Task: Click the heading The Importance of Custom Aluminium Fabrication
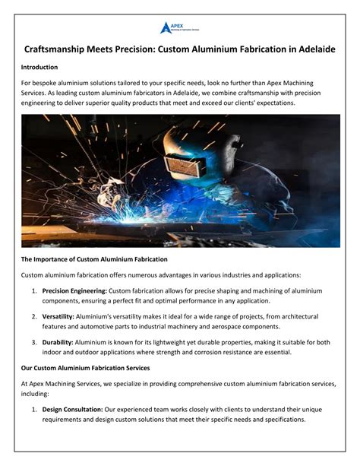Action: (95, 260)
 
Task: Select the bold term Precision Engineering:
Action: (74, 290)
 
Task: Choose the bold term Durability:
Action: (58, 342)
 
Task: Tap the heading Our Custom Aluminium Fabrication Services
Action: (85, 368)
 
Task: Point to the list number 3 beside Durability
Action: (33, 342)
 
